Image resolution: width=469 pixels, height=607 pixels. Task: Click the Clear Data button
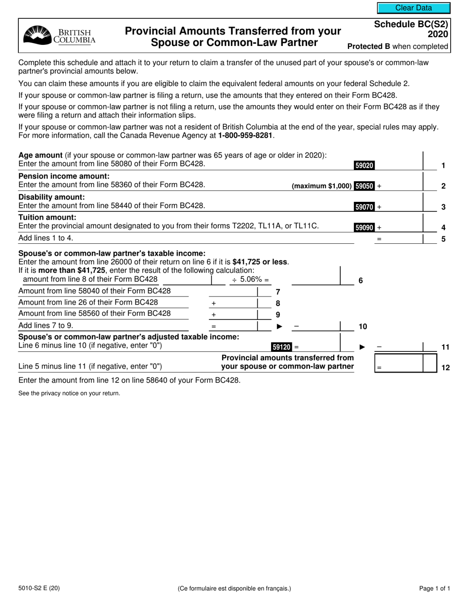pos(414,8)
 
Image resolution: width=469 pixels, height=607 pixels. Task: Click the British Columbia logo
pos(60,36)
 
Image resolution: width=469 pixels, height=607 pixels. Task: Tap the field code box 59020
pos(364,166)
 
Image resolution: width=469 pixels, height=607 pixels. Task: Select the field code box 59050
pos(364,187)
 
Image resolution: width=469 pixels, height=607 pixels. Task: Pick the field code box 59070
pos(364,207)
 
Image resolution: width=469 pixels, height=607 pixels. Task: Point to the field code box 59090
pos(364,228)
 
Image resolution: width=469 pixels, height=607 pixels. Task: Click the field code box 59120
pos(281,347)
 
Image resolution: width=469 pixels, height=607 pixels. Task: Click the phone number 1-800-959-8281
pos(245,135)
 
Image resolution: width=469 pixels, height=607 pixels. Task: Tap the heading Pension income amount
pos(64,176)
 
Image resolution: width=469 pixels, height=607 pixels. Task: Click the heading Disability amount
pos(51,197)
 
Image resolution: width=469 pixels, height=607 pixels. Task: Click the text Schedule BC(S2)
pos(411,24)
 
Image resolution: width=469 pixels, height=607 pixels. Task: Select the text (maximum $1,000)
pos(322,187)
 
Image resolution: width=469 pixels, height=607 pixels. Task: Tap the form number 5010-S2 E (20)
pos(39,588)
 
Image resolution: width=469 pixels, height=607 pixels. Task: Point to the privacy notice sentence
pos(69,393)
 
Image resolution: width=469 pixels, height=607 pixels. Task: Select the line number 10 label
pos(362,327)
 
